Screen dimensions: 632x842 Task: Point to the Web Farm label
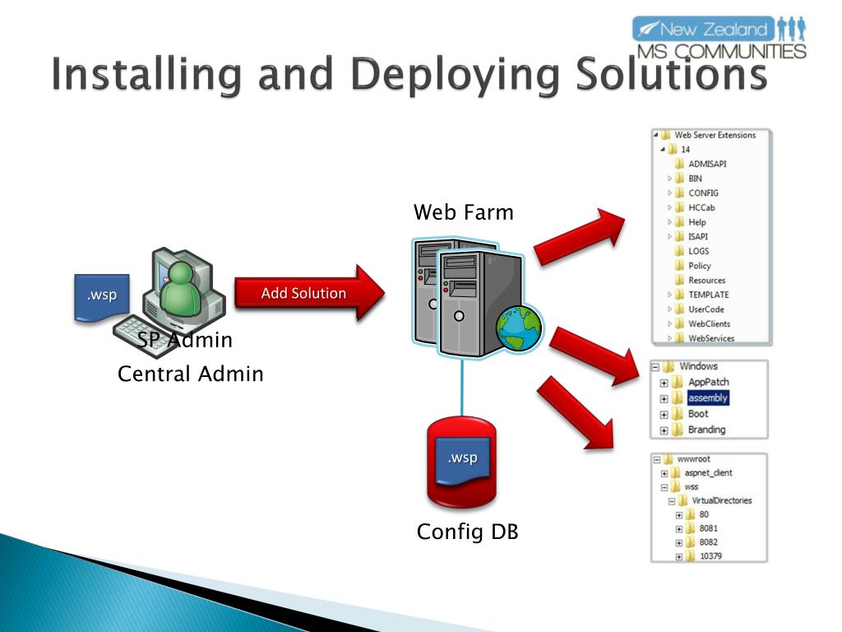pyautogui.click(x=463, y=212)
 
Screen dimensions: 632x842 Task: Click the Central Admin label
pyautogui.click(x=191, y=374)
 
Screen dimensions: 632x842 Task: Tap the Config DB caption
pyautogui.click(x=467, y=532)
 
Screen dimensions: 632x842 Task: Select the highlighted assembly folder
pyautogui.click(x=707, y=397)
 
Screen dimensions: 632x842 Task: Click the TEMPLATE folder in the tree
pyautogui.click(x=708, y=295)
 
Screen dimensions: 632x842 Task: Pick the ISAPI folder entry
pyautogui.click(x=698, y=236)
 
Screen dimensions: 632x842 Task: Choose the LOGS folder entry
pyautogui.click(x=698, y=251)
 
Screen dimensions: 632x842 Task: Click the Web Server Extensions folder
pyautogui.click(x=714, y=135)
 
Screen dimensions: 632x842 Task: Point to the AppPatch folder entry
pyautogui.click(x=708, y=382)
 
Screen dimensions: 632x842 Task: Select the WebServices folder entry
pyautogui.click(x=710, y=338)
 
